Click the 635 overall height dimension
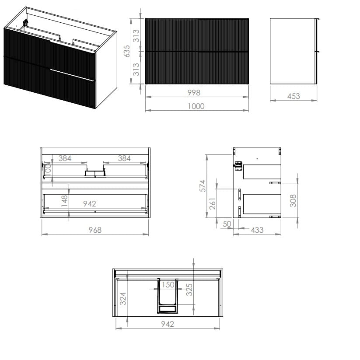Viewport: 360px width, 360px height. (x=127, y=51)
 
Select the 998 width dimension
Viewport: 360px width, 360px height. (x=194, y=93)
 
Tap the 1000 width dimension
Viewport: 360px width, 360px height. (x=196, y=106)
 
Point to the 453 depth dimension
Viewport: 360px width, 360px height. (x=294, y=96)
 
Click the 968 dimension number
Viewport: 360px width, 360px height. (x=95, y=230)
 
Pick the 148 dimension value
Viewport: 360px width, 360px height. (x=64, y=201)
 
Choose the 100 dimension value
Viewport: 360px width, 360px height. (x=48, y=170)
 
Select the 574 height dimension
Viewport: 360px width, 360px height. (x=203, y=186)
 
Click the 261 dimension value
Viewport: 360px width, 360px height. (x=213, y=203)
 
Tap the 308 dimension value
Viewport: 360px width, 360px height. (x=293, y=200)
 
